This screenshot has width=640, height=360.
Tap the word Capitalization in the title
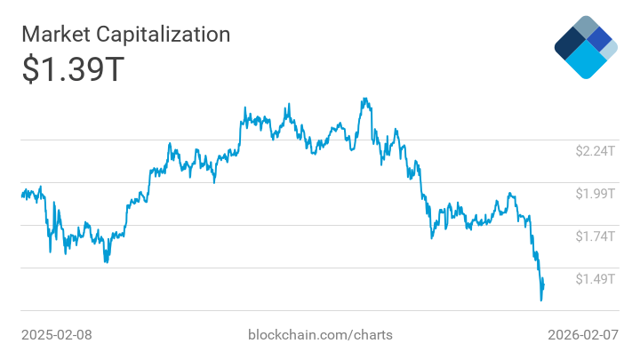click(166, 35)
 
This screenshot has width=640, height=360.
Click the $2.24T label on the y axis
click(595, 151)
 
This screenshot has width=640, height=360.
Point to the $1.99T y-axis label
click(595, 194)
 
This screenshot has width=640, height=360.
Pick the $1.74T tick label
click(595, 236)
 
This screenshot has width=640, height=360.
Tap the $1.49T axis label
click(595, 279)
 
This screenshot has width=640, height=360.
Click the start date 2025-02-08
click(57, 335)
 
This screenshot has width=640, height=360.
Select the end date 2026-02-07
click(582, 335)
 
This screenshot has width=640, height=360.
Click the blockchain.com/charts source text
click(320, 335)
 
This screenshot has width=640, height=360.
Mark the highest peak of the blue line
click(363, 100)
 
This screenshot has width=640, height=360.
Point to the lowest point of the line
click(541, 300)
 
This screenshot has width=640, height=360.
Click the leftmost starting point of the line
click(21, 195)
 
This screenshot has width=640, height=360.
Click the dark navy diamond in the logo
click(569, 42)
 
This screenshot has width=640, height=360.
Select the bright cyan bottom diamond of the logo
click(586, 60)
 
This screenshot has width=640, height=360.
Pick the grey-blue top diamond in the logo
click(586, 26)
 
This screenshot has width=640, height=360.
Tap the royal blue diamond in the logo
click(600, 39)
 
